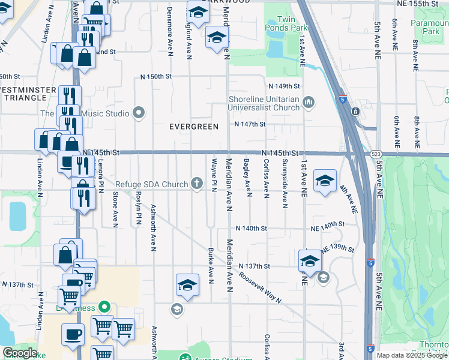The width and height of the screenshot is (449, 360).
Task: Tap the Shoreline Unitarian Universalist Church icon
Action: pyautogui.click(x=309, y=101)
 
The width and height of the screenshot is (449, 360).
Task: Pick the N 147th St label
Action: pyautogui.click(x=249, y=124)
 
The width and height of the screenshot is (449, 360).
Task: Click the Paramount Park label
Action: pyautogui.click(x=430, y=27)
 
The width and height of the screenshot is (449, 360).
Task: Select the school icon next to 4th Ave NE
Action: pyautogui.click(x=325, y=181)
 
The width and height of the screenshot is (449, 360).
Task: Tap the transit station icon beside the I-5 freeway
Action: pyautogui.click(x=355, y=111)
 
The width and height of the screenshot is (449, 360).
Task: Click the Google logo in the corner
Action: pyautogui.click(x=20, y=352)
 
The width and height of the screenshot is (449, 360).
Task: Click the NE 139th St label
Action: pyautogui.click(x=338, y=248)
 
